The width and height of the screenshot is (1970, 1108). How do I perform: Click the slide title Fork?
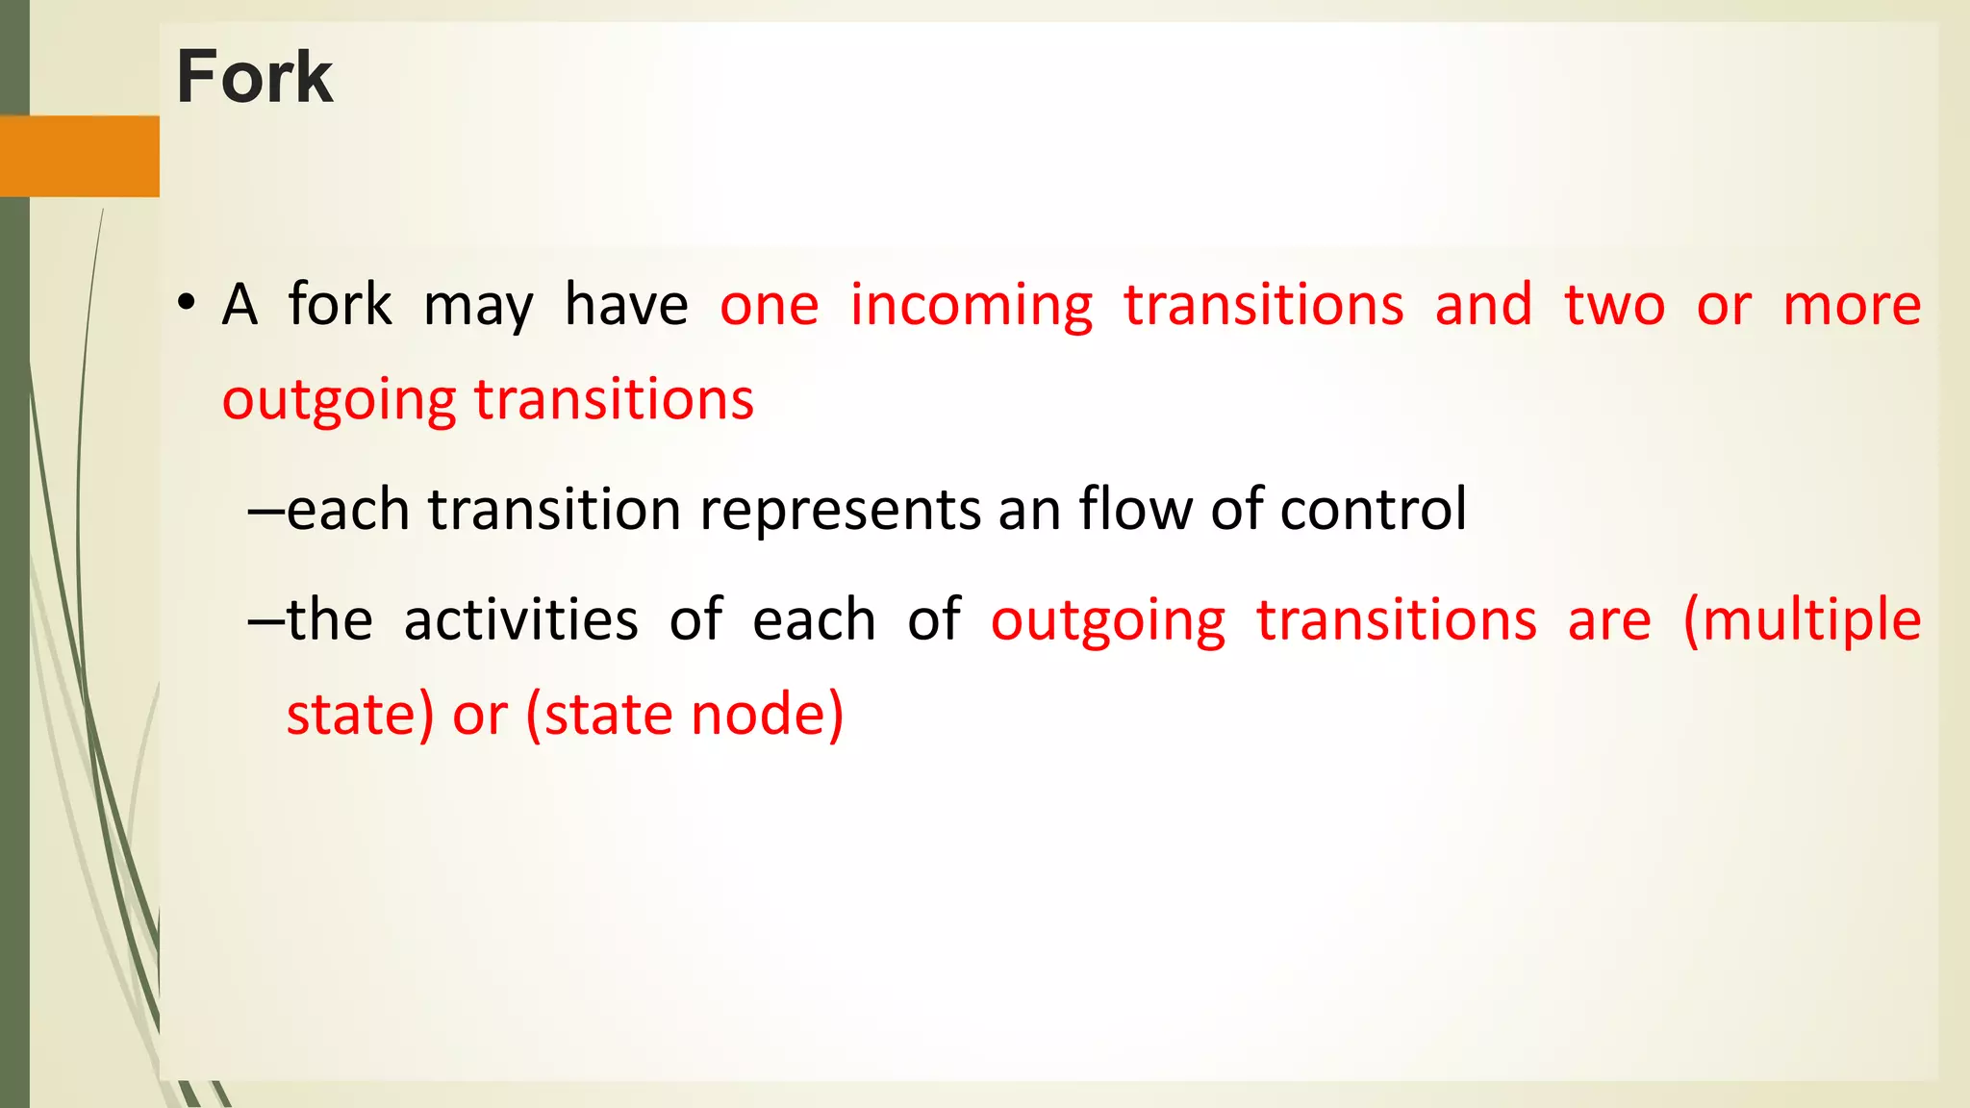[x=254, y=77]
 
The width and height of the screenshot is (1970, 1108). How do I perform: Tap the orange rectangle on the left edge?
[x=79, y=156]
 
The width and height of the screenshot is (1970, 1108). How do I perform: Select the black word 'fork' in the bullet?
[x=340, y=305]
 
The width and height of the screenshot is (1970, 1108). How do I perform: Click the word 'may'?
[x=478, y=308]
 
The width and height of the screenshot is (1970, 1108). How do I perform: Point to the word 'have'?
[x=626, y=305]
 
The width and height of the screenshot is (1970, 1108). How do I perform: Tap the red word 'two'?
[x=1614, y=306]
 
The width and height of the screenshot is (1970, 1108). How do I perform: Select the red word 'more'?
[x=1852, y=306]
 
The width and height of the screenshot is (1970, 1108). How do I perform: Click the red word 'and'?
[x=1483, y=305]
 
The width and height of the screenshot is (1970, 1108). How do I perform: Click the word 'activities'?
[x=520, y=619]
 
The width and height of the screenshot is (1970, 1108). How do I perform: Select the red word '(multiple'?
[x=1802, y=620]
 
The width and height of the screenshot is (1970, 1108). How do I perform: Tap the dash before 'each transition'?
[x=265, y=511]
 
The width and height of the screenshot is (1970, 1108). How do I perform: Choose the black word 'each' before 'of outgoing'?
[x=814, y=619]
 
